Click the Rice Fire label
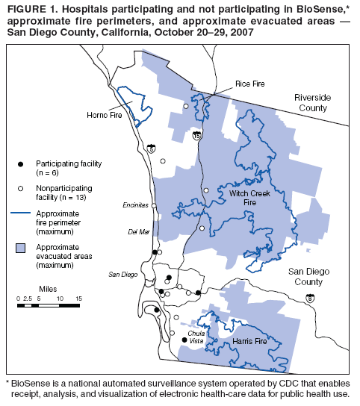[249, 84]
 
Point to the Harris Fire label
[249, 341]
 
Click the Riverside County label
[311, 103]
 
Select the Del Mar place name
[140, 233]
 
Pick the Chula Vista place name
[196, 336]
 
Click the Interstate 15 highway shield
[196, 137]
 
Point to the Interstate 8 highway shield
[309, 299]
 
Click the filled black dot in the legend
[22, 163]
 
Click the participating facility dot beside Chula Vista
[184, 340]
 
